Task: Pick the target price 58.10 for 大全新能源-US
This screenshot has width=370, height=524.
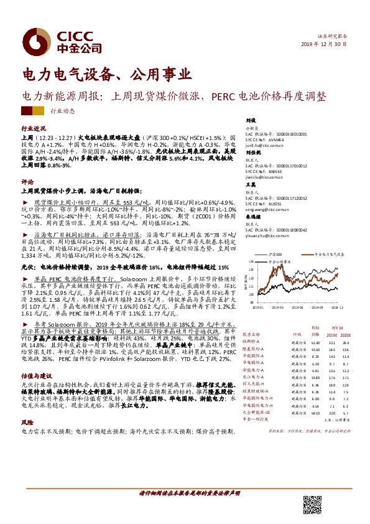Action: click(x=315, y=412)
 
